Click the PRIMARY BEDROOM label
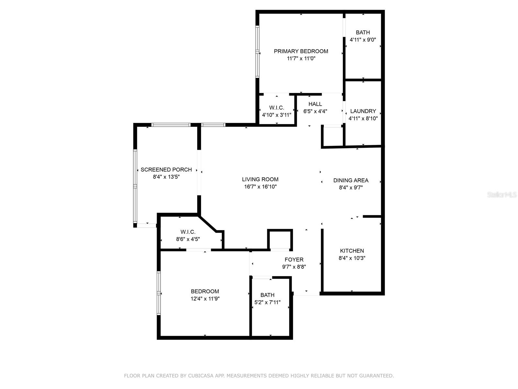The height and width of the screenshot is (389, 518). pyautogui.click(x=301, y=51)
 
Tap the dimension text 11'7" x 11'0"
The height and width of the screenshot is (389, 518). pyautogui.click(x=301, y=59)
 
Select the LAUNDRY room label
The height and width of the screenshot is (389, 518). pyautogui.click(x=363, y=111)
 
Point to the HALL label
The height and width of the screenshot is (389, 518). pyautogui.click(x=315, y=104)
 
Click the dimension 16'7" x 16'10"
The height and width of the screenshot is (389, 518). pyautogui.click(x=260, y=187)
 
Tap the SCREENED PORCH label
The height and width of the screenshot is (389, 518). pyautogui.click(x=166, y=170)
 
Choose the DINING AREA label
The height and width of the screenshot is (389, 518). pyautogui.click(x=351, y=180)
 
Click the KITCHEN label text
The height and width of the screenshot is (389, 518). pyautogui.click(x=352, y=251)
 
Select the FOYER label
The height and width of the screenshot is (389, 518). pyautogui.click(x=294, y=260)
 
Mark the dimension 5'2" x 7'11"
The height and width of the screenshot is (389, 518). pyautogui.click(x=267, y=302)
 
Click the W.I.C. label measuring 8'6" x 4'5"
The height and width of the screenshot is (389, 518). pyautogui.click(x=188, y=232)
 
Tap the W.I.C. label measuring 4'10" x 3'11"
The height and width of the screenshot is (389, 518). pyautogui.click(x=276, y=108)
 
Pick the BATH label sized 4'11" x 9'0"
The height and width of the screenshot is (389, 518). pyautogui.click(x=363, y=32)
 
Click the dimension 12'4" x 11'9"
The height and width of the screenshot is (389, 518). pyautogui.click(x=205, y=299)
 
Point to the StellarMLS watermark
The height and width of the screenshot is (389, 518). pyautogui.click(x=501, y=195)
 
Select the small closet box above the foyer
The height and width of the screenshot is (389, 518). pyautogui.click(x=280, y=240)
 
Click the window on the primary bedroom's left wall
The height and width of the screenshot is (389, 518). pyautogui.click(x=258, y=52)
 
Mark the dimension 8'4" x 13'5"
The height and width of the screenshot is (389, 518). pyautogui.click(x=166, y=177)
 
